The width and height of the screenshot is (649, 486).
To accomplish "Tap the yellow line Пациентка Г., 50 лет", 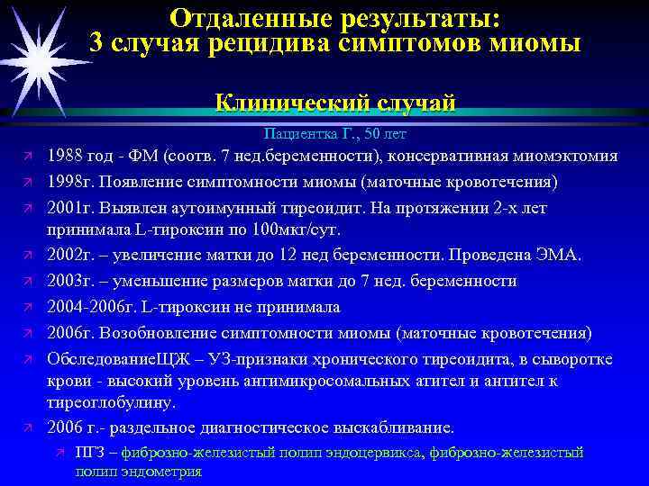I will (335, 134).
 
